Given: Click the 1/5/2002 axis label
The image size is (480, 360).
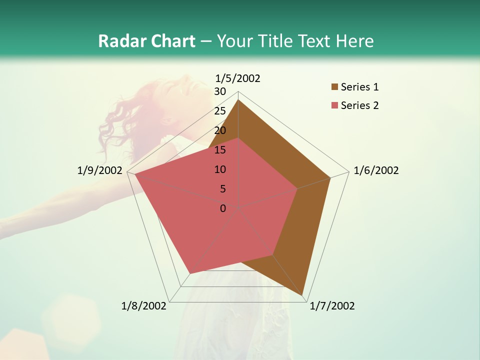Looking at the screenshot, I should [x=238, y=78].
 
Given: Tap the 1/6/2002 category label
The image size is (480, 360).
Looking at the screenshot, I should [x=376, y=170].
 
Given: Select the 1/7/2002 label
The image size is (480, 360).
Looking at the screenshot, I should [x=332, y=306].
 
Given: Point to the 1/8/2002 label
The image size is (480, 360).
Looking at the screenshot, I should [x=144, y=306].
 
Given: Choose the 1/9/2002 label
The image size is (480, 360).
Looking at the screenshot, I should [x=100, y=170].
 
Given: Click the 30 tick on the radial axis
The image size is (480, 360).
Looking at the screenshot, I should [x=220, y=91].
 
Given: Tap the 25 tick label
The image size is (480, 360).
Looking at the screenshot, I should [x=220, y=111].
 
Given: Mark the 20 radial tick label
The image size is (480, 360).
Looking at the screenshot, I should [x=220, y=130].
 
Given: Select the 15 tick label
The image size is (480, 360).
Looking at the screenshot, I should [x=220, y=150].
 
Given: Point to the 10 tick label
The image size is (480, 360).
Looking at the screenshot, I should [x=220, y=169].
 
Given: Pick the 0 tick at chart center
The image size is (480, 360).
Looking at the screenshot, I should [x=223, y=208].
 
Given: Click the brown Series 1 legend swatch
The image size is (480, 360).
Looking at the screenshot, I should [x=334, y=87].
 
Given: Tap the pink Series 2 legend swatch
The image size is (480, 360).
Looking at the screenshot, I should [x=334, y=105].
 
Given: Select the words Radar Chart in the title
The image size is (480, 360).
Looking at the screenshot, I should [x=146, y=41].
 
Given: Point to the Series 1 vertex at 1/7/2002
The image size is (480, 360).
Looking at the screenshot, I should [x=303, y=296].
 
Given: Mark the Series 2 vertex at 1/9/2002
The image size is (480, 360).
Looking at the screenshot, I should [x=135, y=174].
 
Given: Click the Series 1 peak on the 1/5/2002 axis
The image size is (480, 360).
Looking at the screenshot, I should [x=238, y=99].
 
